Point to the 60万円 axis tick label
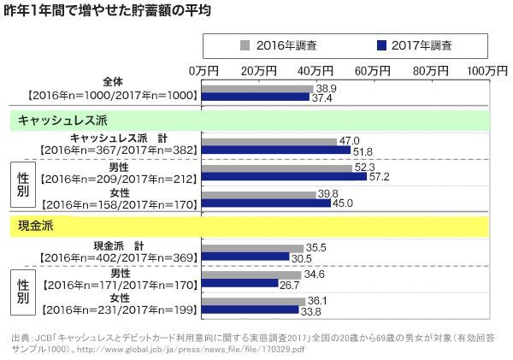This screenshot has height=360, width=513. (x=370, y=68)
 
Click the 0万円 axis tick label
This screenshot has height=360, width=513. (x=203, y=68)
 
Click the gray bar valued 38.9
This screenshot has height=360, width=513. (x=256, y=88)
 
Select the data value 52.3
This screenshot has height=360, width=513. (x=364, y=167)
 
